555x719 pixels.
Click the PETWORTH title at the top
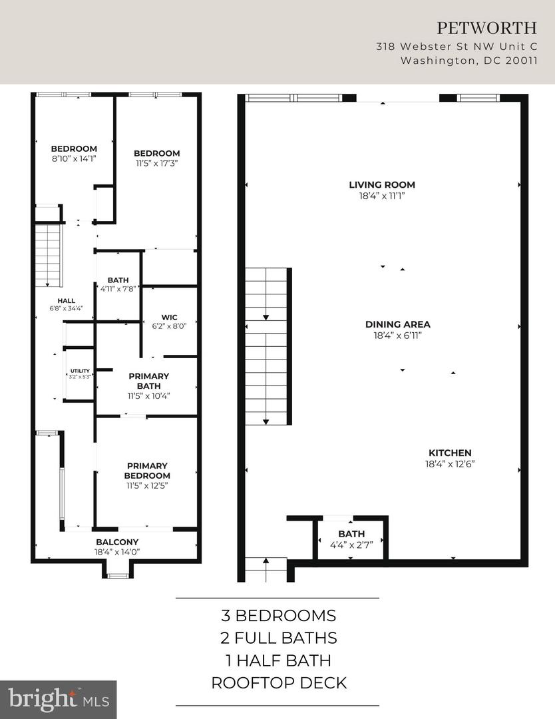(x=486, y=28)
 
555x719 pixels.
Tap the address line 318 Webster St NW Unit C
(x=456, y=47)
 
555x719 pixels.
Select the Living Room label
(x=382, y=185)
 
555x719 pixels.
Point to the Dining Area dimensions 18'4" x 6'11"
(x=398, y=336)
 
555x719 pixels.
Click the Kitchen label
(x=450, y=453)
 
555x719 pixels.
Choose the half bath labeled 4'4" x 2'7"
(x=351, y=539)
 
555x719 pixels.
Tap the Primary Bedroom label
(x=146, y=471)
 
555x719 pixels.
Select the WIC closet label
(x=169, y=317)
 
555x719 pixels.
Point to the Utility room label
(x=79, y=371)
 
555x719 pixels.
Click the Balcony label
(x=116, y=542)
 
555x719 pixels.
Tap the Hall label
(x=66, y=301)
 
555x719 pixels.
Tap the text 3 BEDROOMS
(x=278, y=615)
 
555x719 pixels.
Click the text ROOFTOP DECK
(x=278, y=683)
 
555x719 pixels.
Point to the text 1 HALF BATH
(x=278, y=660)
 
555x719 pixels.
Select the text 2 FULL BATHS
(x=278, y=638)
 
